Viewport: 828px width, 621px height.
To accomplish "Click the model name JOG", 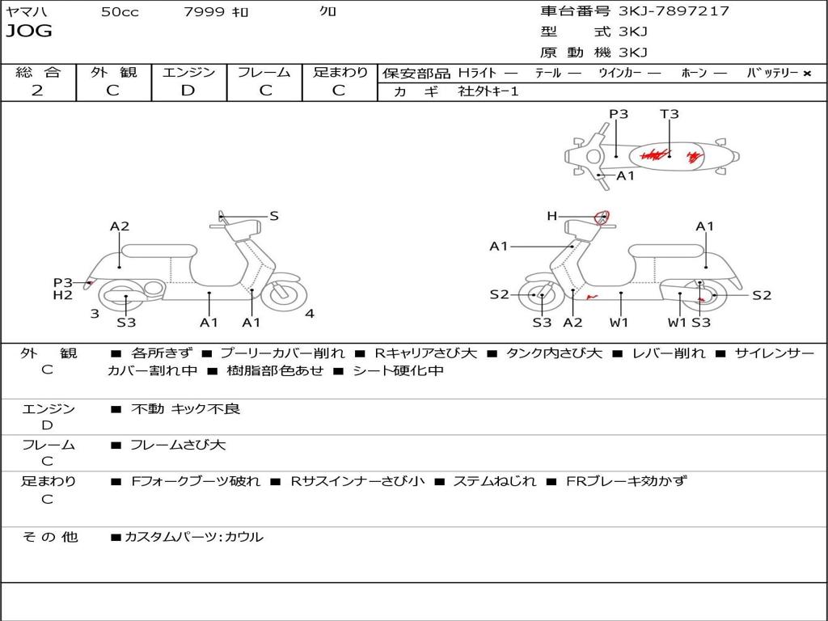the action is [x=29, y=32].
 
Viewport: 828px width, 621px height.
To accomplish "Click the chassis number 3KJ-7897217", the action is [x=674, y=11].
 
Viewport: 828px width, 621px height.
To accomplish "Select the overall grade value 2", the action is [x=37, y=91].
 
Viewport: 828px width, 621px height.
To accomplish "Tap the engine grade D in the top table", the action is [x=188, y=91].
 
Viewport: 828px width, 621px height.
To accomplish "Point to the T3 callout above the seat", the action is [x=669, y=113].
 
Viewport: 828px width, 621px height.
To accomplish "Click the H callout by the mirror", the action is [x=551, y=216].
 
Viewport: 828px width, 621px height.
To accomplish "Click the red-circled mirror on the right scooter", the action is [x=602, y=217].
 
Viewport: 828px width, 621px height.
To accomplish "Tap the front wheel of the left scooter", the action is [x=283, y=293].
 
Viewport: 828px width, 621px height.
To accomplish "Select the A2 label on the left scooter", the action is [x=120, y=226].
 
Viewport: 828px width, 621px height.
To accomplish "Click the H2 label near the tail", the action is [x=62, y=295].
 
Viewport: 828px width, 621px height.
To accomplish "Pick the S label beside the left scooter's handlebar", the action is [x=273, y=216].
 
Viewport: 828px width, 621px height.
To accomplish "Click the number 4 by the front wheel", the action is [x=310, y=314].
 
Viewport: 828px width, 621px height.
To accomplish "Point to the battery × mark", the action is [x=807, y=74].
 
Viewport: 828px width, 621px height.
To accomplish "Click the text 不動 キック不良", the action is [x=185, y=408].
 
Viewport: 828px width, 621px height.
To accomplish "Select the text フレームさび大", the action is [x=178, y=445].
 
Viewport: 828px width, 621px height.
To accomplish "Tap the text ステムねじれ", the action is [x=494, y=481].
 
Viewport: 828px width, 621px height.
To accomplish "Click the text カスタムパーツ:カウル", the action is [x=194, y=537].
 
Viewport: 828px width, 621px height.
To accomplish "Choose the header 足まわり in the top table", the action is [x=340, y=72].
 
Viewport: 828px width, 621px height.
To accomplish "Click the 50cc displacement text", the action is [x=120, y=11].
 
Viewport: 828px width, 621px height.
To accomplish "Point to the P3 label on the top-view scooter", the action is [x=619, y=113].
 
